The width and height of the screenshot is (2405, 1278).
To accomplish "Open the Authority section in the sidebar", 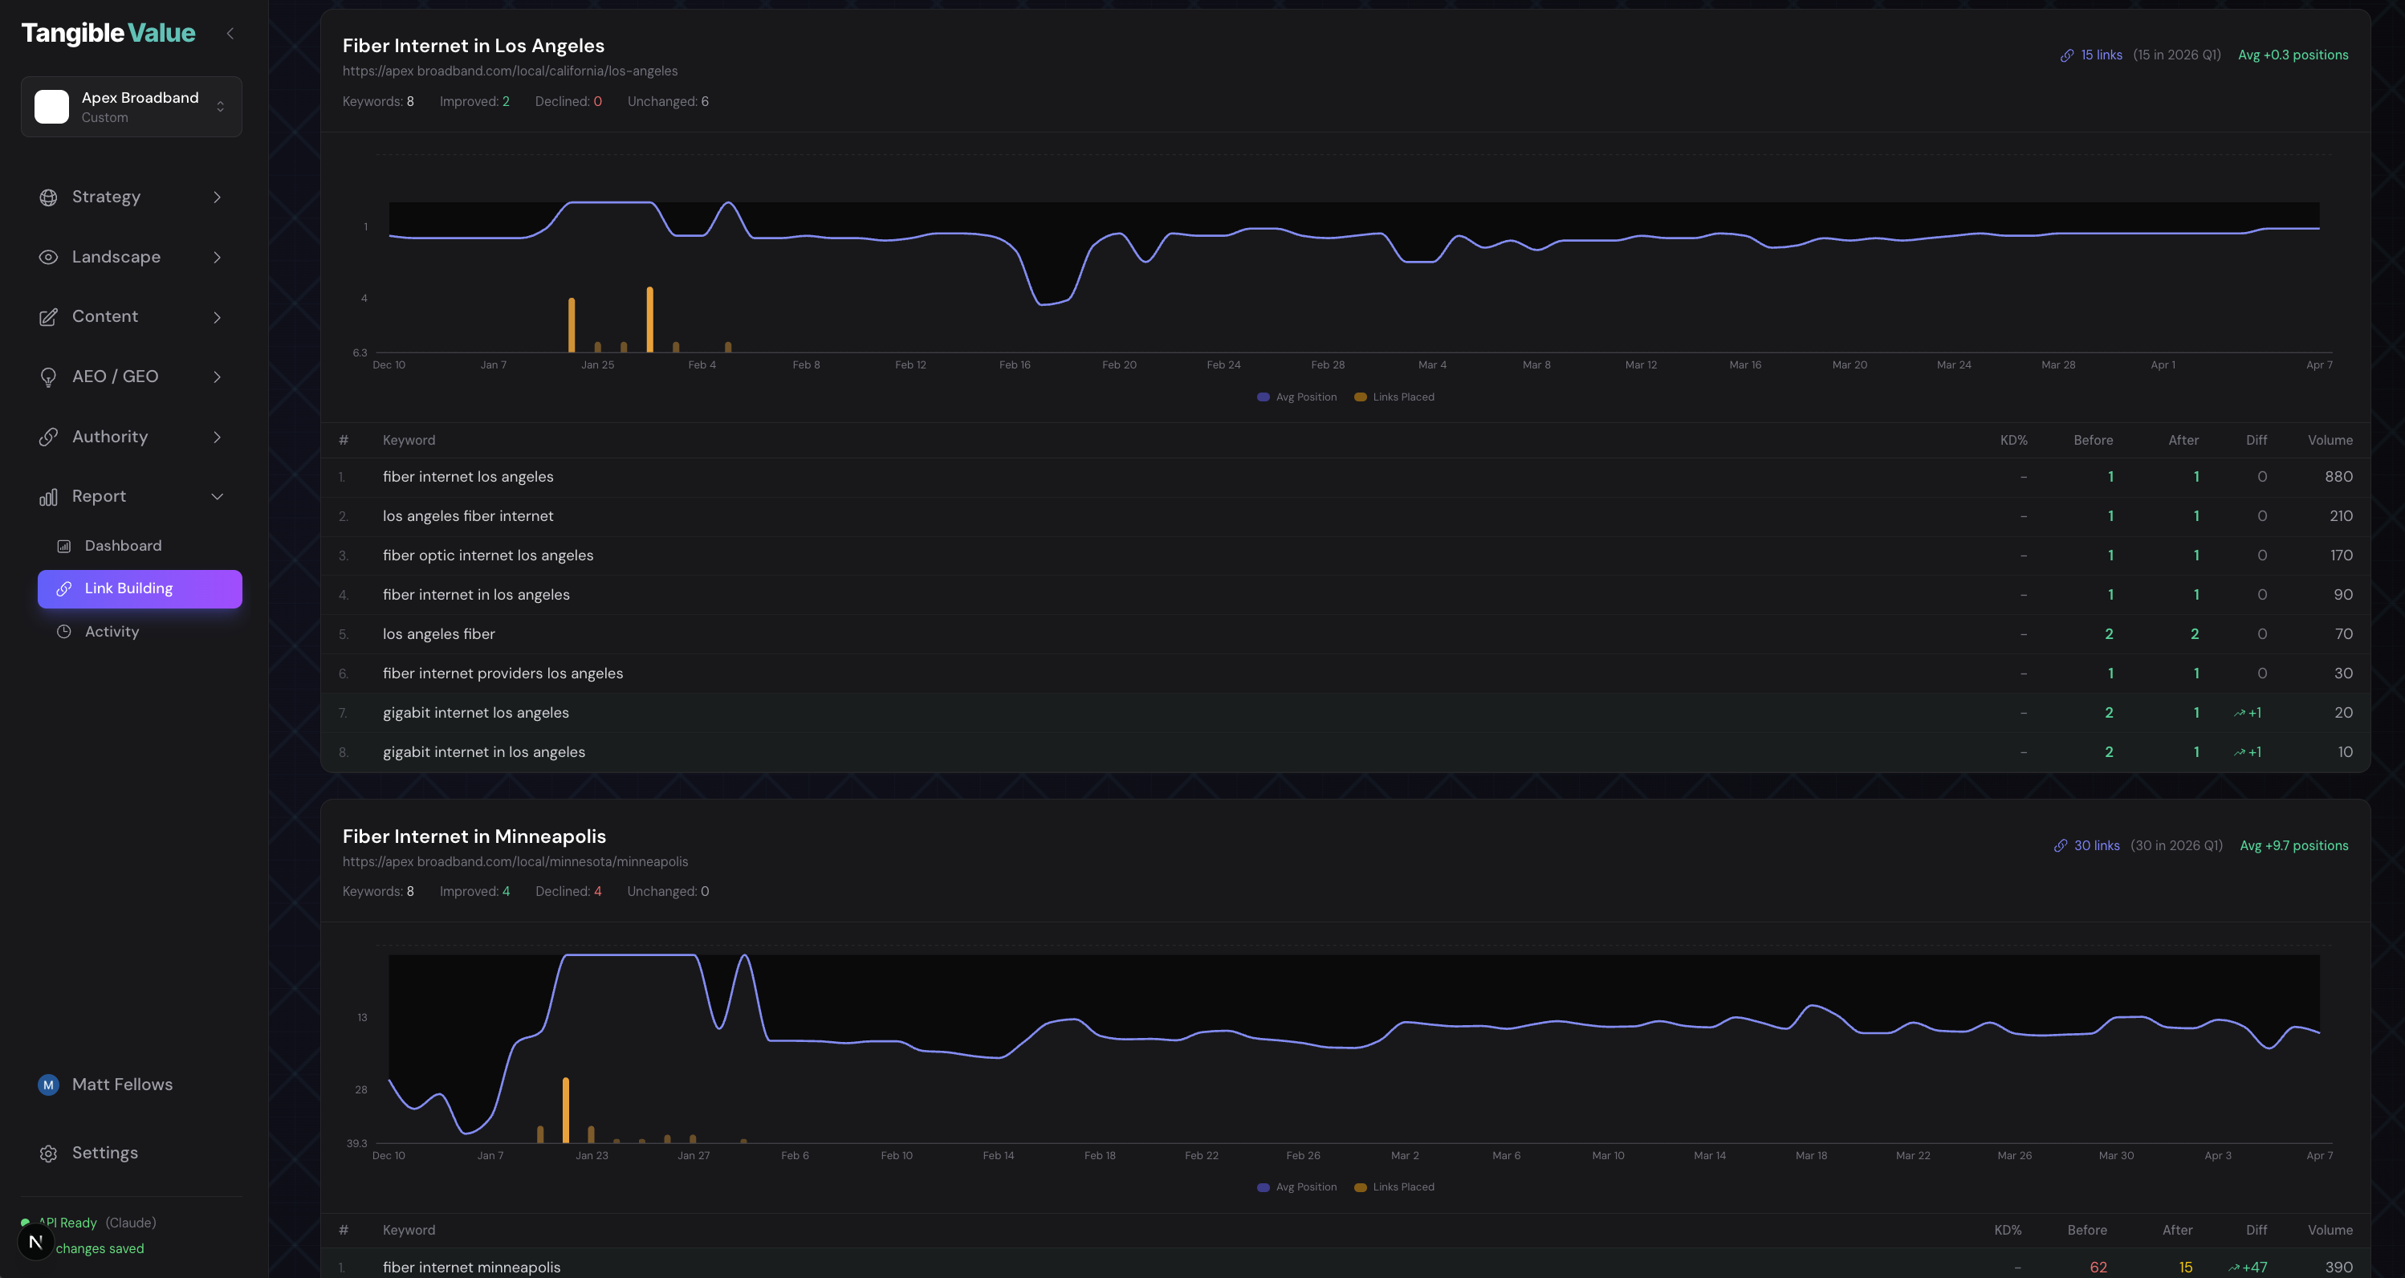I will pos(110,437).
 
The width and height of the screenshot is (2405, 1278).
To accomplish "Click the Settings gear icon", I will pos(48,1154).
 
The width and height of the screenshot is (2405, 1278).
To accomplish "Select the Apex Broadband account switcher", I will pos(131,107).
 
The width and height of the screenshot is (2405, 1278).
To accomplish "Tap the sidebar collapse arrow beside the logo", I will pos(230,34).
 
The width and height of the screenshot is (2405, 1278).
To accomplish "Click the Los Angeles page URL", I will pos(510,71).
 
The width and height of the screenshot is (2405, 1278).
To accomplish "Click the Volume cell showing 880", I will pos(2338,477).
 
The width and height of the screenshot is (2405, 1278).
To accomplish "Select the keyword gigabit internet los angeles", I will pos(475,713).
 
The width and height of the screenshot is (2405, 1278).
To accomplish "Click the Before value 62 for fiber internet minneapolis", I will pos(2098,1267).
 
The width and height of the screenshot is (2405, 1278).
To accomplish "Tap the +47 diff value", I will pos(2254,1267).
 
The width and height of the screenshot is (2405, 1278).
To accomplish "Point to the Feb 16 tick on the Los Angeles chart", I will pos(1015,365).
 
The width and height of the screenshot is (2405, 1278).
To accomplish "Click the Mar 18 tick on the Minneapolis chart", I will pos(1811,1156).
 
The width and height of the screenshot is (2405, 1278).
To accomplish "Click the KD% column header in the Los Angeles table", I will pos(2013,441).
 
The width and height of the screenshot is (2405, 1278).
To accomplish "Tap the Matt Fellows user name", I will pos(122,1085).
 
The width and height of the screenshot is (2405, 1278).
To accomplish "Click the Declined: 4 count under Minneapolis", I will pos(568,892).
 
